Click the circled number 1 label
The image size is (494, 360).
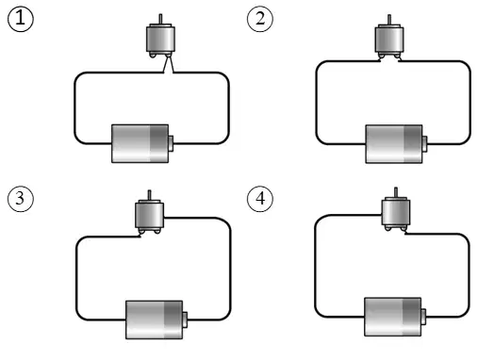pos(20,19)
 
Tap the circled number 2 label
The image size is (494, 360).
pos(260,19)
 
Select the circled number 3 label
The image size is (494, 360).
pos(20,199)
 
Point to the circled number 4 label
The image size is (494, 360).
pos(260,199)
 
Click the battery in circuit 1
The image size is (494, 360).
pos(142,143)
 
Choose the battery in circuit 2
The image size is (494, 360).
pos(396,144)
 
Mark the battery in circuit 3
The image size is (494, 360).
pos(156,319)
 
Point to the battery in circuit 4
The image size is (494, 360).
pos(395,317)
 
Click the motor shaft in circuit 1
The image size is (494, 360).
pos(160,19)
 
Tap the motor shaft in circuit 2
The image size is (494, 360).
pos(389,19)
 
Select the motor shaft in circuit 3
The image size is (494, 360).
pos(149,195)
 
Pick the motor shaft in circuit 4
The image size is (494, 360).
pos(396,192)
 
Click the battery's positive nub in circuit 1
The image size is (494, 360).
pos(171,143)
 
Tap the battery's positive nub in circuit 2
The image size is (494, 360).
pos(425,144)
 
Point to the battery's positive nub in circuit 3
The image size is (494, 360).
pos(185,319)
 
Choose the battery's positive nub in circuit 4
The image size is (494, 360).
pos(424,317)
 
